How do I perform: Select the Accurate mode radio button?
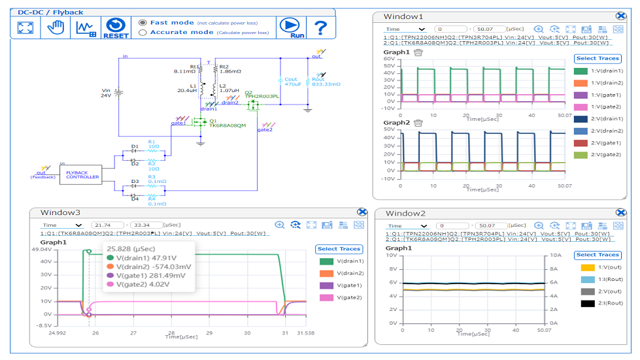click(x=143, y=32)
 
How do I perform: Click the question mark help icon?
click(x=320, y=27)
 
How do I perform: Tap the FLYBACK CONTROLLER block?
click(x=83, y=174)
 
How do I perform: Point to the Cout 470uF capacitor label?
click(x=292, y=82)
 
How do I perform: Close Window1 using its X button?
click(x=620, y=16)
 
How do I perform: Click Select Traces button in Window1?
click(x=597, y=59)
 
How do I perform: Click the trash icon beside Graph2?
click(x=418, y=123)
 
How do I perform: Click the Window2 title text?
click(x=405, y=214)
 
